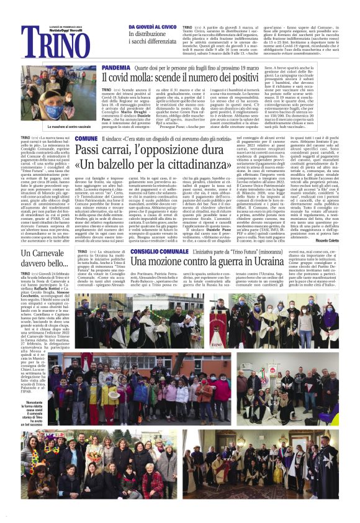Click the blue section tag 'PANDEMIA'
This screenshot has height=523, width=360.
115,66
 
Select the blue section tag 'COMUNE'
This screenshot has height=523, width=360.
86,138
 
